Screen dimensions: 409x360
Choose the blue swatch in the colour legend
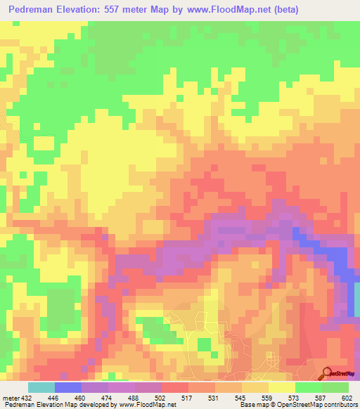(x=68, y=387)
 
